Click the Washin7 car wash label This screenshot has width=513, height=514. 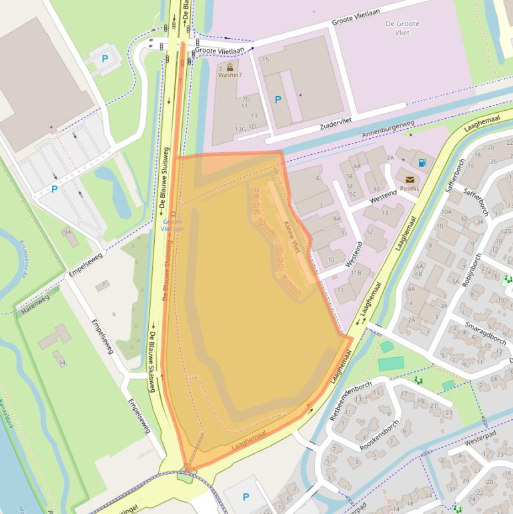tap(230, 75)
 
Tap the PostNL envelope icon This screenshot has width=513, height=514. tap(409, 179)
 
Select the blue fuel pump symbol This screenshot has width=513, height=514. tap(421, 162)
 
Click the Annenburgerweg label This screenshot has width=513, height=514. tap(388, 129)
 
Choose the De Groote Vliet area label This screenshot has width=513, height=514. tap(402, 28)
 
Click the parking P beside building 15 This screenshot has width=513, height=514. tap(278, 99)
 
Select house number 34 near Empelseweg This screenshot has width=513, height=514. tap(62, 362)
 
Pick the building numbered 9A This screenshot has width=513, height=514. tap(67, 232)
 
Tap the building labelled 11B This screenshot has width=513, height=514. tap(356, 272)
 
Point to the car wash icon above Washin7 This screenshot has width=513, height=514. tap(230, 67)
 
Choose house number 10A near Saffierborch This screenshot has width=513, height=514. tap(446, 212)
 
